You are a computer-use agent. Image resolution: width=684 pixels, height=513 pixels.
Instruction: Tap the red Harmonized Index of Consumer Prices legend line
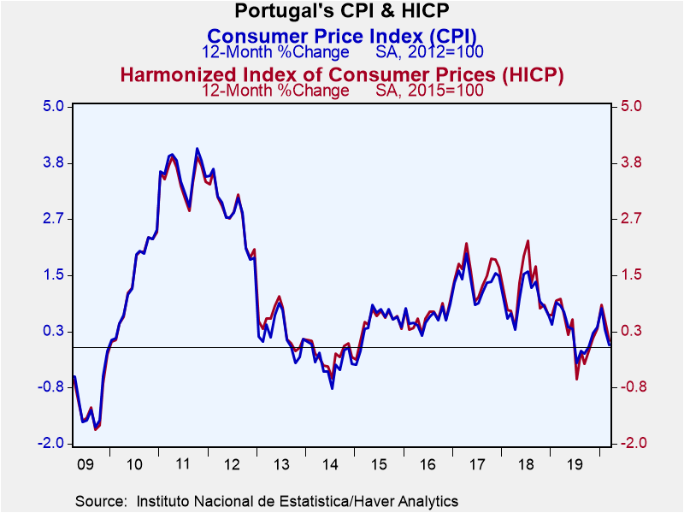pos(342,74)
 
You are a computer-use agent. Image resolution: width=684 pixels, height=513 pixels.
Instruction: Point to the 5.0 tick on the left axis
pos(53,107)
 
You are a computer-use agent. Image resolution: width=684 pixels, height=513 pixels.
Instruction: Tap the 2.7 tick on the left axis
pos(53,219)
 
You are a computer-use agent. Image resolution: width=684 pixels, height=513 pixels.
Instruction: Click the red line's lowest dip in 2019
pos(577,379)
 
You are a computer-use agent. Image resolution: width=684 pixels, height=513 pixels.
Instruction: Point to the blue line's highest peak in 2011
pos(198,149)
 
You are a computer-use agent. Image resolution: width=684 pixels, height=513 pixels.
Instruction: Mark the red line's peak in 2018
pos(528,241)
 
